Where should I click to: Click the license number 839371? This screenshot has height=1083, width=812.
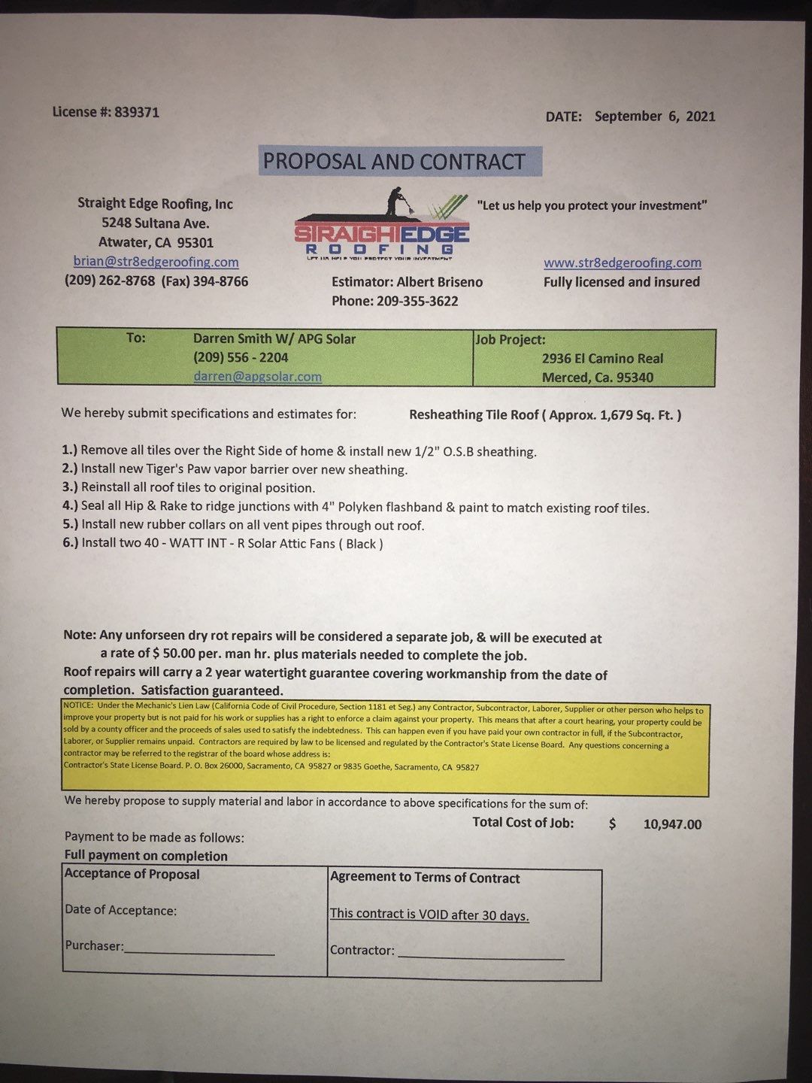(x=137, y=112)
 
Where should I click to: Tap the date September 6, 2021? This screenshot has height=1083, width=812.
(x=654, y=117)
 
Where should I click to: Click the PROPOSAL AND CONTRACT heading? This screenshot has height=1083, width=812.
(x=394, y=162)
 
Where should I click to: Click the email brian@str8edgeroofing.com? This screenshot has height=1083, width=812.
(x=156, y=262)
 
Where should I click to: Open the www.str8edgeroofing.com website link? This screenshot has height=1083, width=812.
(x=622, y=262)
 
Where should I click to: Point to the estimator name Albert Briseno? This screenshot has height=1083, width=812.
(x=440, y=282)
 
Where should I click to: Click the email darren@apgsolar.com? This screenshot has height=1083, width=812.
(x=257, y=377)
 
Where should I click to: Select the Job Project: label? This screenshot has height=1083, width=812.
(x=511, y=339)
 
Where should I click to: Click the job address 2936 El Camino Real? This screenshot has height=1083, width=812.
(x=602, y=359)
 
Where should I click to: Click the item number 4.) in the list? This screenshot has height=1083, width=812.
(x=70, y=507)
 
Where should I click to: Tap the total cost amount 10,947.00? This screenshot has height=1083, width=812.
(x=672, y=824)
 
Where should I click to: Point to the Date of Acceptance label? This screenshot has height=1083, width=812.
(x=121, y=910)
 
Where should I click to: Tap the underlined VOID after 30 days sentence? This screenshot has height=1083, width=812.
(x=429, y=915)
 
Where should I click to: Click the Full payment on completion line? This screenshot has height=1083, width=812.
(x=146, y=856)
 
